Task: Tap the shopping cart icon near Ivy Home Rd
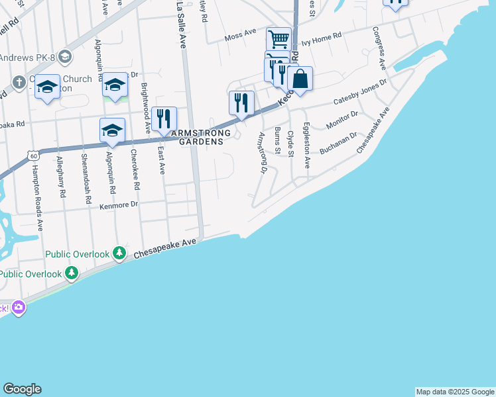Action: (x=279, y=39)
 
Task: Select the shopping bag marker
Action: (x=300, y=79)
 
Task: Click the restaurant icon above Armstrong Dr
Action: (x=241, y=103)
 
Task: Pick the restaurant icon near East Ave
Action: (x=164, y=118)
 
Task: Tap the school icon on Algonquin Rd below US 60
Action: (x=113, y=130)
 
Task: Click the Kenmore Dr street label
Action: (x=119, y=205)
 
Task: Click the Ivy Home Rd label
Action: (x=321, y=41)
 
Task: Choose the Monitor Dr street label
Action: (x=342, y=120)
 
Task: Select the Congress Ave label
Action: (x=379, y=48)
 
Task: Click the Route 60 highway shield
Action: (x=32, y=155)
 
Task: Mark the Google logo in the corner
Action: (x=22, y=389)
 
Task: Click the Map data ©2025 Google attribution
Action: (x=454, y=392)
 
